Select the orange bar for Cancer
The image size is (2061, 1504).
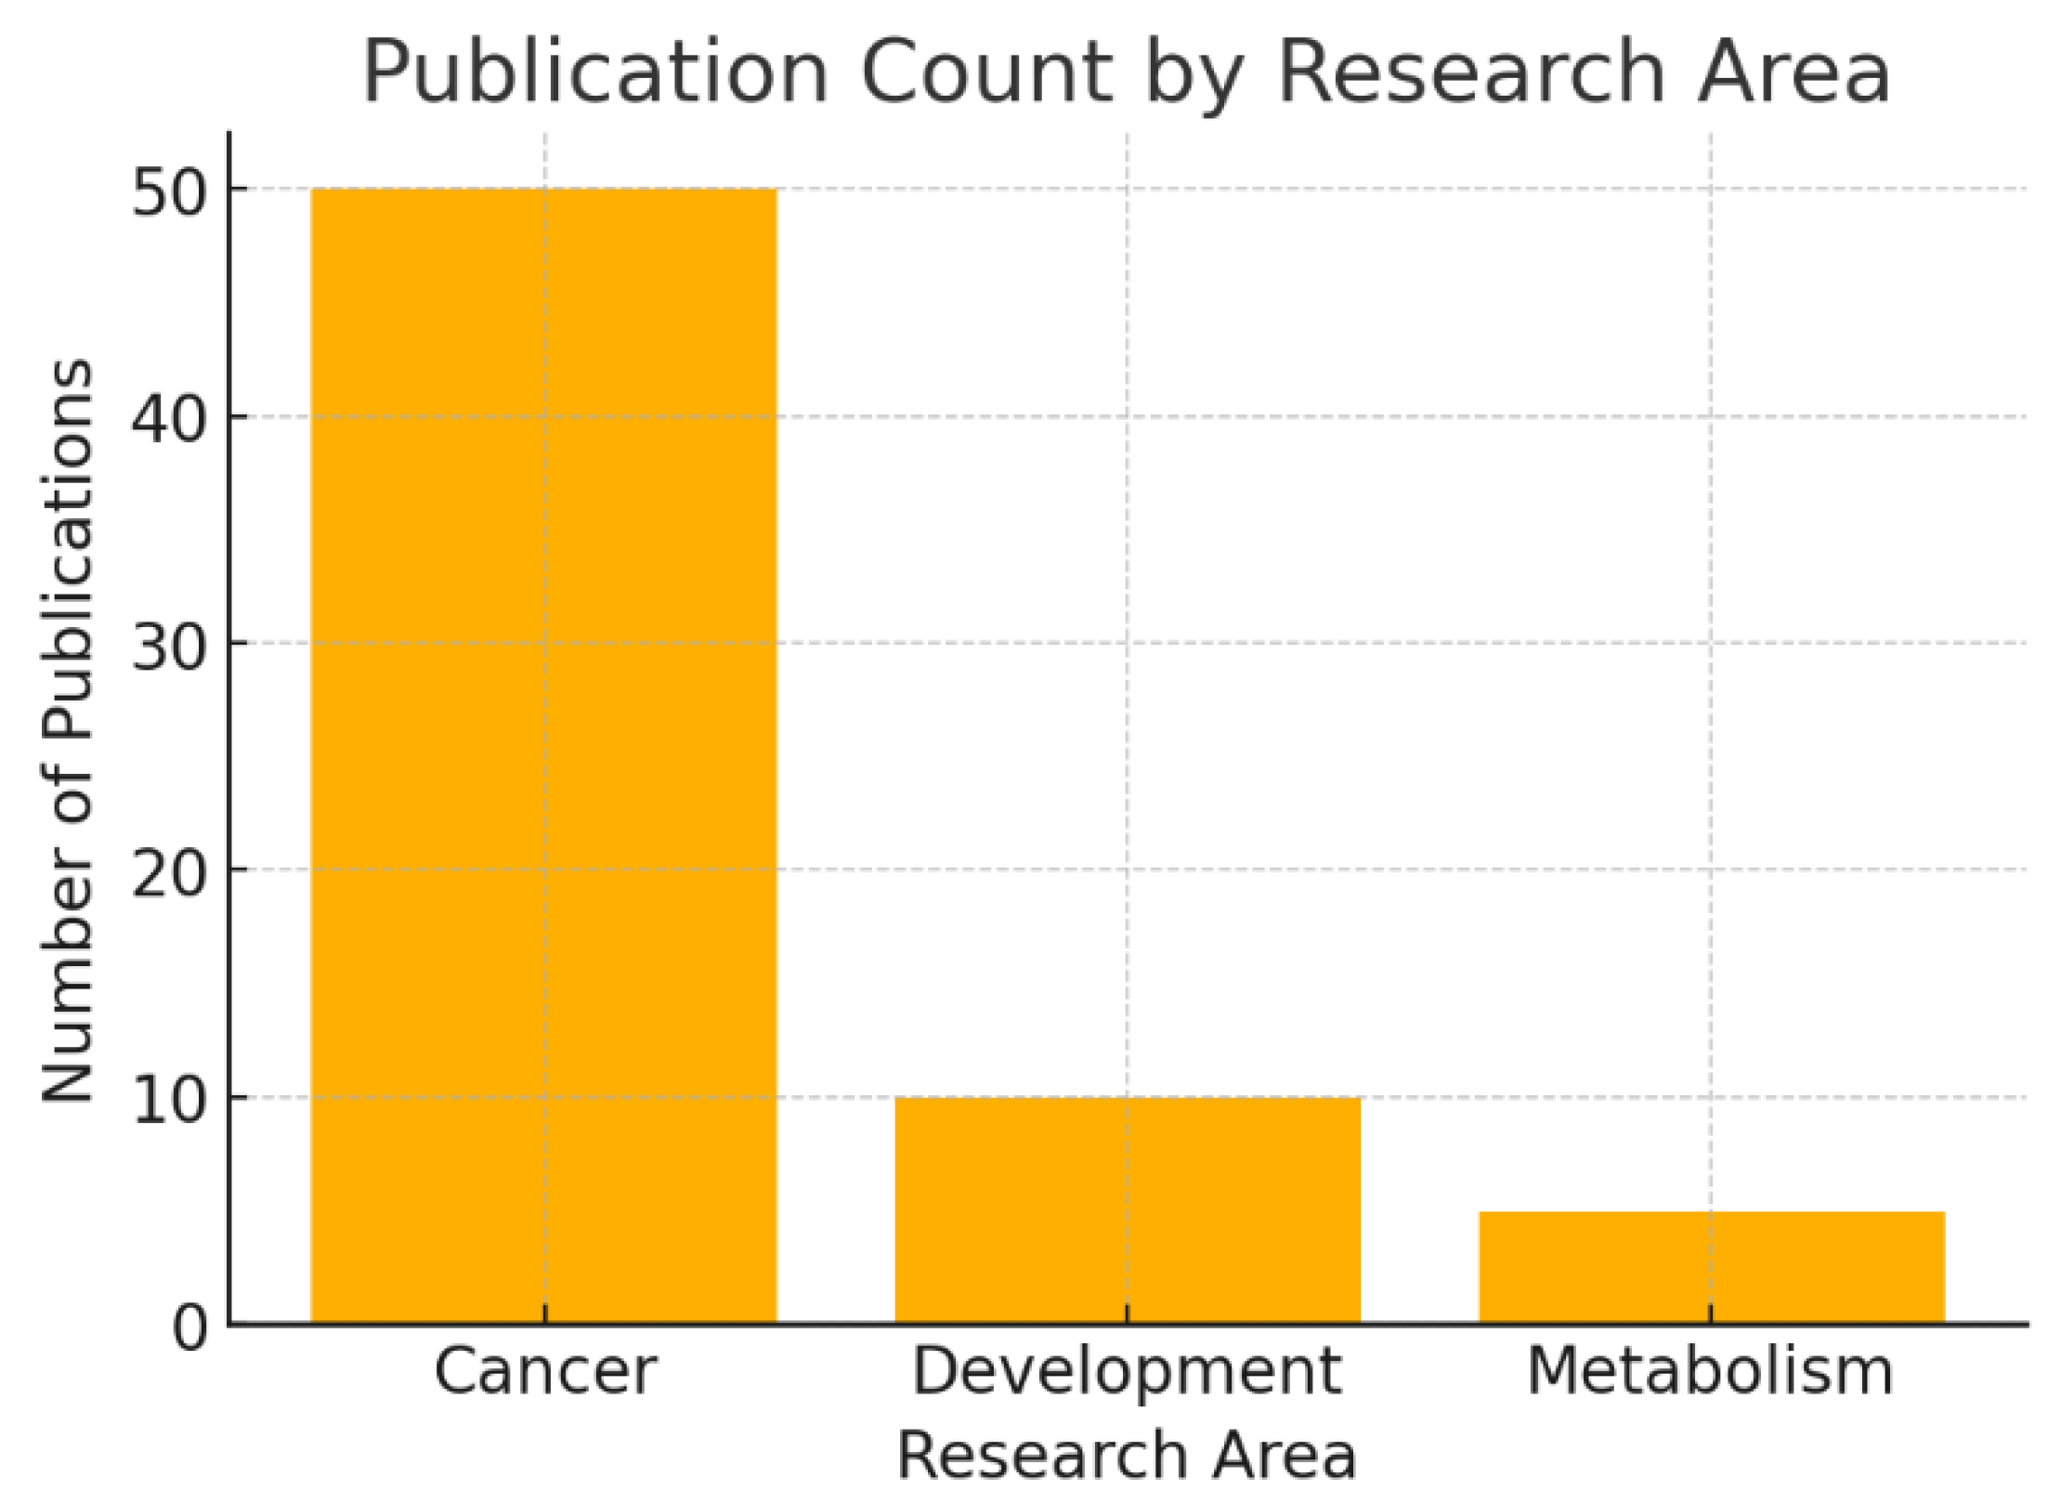tap(543, 754)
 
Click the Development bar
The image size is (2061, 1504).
tap(1127, 1210)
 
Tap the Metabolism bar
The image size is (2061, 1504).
tap(1711, 1267)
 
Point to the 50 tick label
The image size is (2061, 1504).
tap(168, 193)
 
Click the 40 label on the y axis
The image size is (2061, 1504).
tap(168, 420)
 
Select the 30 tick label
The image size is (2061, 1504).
tap(168, 647)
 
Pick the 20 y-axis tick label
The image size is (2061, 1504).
tap(168, 873)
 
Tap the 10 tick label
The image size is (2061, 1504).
tap(168, 1101)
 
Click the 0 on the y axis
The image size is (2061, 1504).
tap(189, 1327)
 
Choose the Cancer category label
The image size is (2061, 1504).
tap(545, 1371)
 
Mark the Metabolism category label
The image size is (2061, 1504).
tap(1710, 1371)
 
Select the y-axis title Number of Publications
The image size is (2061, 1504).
tap(68, 730)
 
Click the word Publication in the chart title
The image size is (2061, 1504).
tap(594, 72)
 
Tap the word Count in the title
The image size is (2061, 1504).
tap(985, 72)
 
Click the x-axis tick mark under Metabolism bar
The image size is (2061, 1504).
tap(1711, 1314)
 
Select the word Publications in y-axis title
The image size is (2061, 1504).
tap(68, 548)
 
